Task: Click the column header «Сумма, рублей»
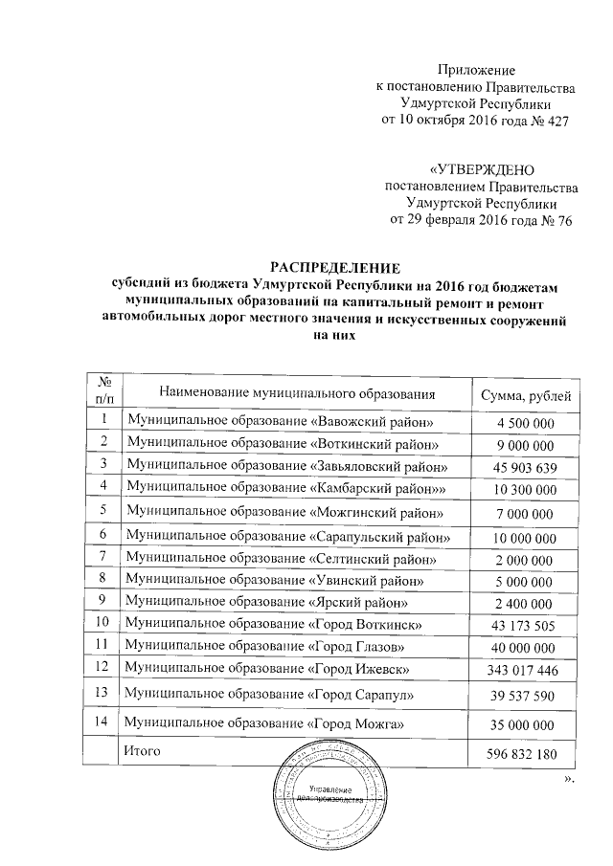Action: (x=523, y=393)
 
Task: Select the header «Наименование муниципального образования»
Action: (x=298, y=393)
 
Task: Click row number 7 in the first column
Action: (x=102, y=556)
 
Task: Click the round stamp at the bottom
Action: (x=329, y=786)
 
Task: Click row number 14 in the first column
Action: (x=102, y=720)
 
